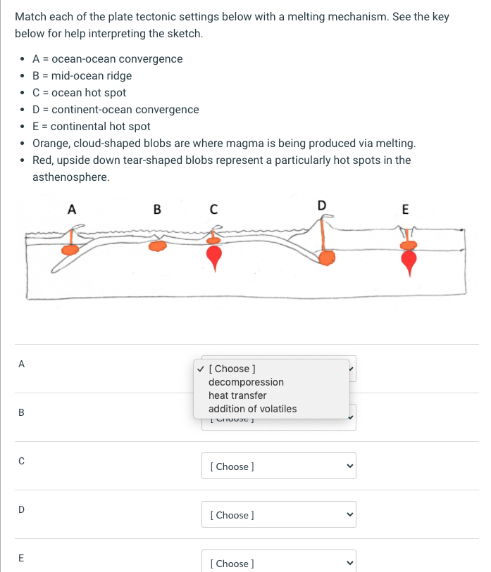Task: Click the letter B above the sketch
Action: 156,208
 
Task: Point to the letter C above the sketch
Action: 213,208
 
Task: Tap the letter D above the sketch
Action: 322,205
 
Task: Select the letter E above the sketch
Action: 404,208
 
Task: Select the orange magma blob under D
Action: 326,258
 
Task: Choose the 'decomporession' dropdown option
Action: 246,382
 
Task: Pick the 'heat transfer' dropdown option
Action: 237,395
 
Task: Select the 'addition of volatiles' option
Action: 252,409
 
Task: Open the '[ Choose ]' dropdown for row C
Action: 278,466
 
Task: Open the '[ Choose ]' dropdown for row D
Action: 278,515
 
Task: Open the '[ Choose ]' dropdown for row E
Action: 278,563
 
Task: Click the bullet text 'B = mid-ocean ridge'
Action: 82,76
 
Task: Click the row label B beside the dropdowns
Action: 21,413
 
